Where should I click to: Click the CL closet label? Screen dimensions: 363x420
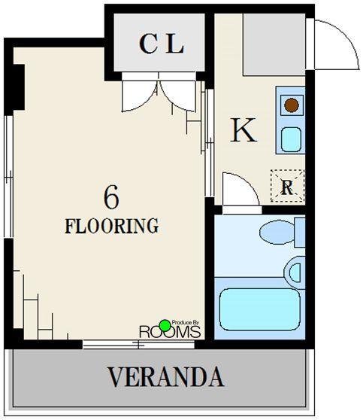[162, 44]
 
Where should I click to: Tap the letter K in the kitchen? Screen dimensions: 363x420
[244, 130]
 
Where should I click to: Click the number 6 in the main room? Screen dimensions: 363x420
[111, 197]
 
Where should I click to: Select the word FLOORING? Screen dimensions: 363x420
[112, 226]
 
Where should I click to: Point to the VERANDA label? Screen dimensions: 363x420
[165, 376]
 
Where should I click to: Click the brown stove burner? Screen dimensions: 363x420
[292, 105]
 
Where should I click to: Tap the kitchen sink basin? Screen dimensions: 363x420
[291, 139]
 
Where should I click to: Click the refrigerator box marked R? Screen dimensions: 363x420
[287, 186]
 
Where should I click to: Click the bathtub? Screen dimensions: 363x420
[260, 309]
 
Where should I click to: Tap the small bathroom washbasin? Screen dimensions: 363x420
[295, 272]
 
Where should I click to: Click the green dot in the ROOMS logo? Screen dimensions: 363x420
[165, 325]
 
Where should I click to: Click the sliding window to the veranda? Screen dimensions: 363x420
[138, 344]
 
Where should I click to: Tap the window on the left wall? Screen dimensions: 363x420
[9, 177]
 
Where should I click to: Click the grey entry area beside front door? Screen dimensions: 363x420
[274, 44]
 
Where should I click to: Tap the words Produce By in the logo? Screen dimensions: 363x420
[186, 323]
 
